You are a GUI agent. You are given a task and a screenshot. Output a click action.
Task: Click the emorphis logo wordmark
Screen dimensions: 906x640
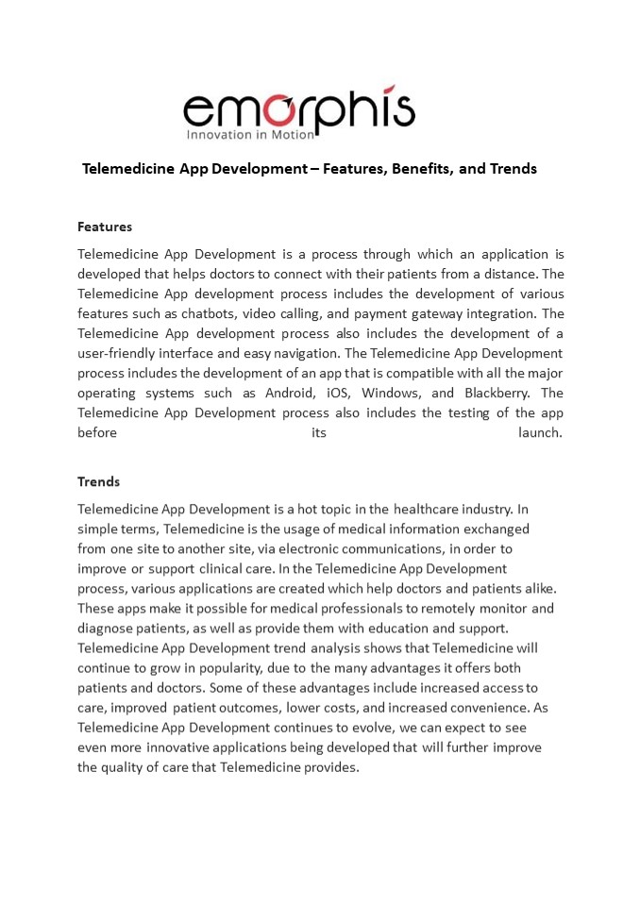point(298,109)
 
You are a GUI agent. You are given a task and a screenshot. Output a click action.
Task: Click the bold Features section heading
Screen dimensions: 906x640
point(105,226)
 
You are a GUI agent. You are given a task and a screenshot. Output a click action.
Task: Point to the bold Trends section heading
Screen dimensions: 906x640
point(98,481)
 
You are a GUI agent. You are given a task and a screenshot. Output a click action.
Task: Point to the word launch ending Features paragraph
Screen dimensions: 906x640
point(540,432)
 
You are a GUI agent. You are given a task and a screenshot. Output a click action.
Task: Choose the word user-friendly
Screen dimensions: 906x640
point(121,353)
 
